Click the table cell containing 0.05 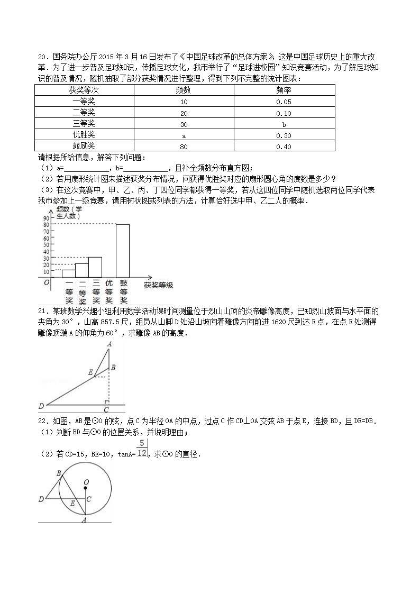(284, 102)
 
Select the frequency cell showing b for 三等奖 (284, 124)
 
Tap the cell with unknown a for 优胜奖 (184, 135)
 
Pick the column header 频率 (284, 90)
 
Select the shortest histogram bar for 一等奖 (69, 273)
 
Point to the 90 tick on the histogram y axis (46, 218)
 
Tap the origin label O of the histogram (47, 283)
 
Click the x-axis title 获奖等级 (158, 286)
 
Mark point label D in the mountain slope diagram (41, 406)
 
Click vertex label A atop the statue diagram (109, 344)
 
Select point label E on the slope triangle (90, 372)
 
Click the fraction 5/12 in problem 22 (142, 449)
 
